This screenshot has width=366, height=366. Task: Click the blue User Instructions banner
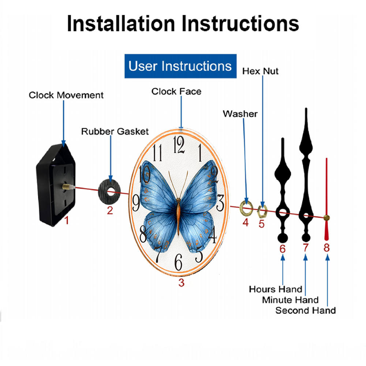[x=180, y=66]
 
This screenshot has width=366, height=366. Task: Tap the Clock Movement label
[x=66, y=95]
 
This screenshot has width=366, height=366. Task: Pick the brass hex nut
[x=262, y=211]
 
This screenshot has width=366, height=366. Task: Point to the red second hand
[x=326, y=199]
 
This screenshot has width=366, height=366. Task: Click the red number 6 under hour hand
[x=283, y=249]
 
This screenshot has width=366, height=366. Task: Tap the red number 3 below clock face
[x=182, y=283]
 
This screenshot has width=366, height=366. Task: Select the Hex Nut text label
[x=260, y=71]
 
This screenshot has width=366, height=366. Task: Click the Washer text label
[x=240, y=114]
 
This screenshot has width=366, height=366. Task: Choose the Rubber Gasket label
[x=115, y=131]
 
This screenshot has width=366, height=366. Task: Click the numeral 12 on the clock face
[x=179, y=145]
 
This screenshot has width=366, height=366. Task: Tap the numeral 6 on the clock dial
[x=179, y=262]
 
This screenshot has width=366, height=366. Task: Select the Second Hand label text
[x=305, y=310]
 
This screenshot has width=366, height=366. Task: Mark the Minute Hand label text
[x=290, y=300]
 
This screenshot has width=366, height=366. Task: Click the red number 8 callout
[x=326, y=247]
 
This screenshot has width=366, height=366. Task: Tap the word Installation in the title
[x=121, y=23]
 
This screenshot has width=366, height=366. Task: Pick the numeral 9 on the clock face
[x=136, y=203]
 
